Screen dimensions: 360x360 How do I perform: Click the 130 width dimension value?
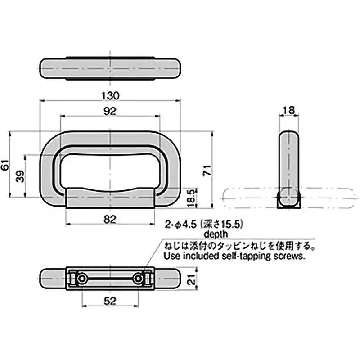click(x=110, y=95)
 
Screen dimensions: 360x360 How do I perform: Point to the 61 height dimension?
click(x=5, y=165)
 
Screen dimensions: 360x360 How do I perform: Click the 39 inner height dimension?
click(x=20, y=176)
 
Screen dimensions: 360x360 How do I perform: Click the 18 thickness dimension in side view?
click(x=288, y=109)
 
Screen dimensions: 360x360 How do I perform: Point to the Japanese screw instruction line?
click(x=238, y=246)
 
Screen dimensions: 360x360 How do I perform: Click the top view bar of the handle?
click(x=110, y=68)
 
